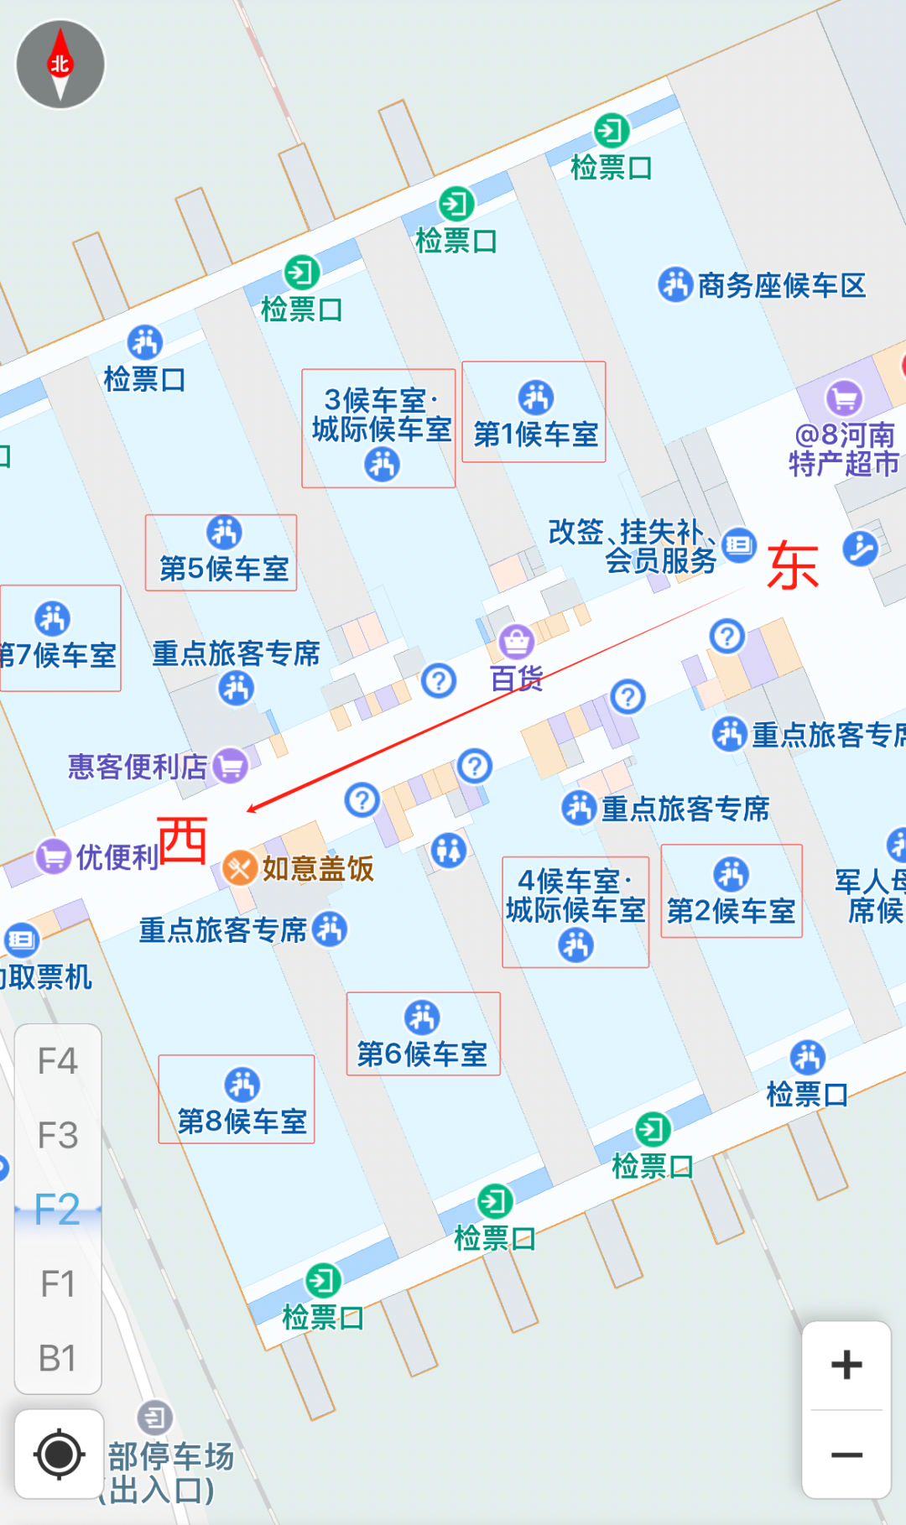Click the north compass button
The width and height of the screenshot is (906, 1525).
tap(60, 65)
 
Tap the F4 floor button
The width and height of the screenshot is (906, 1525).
tap(58, 1061)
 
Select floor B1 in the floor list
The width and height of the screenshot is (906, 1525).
tap(58, 1358)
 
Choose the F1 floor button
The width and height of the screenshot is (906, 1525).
tap(58, 1283)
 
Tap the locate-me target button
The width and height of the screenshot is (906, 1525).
tap(59, 1454)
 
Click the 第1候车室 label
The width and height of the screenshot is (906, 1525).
tap(535, 434)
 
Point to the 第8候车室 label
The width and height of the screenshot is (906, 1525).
tap(242, 1121)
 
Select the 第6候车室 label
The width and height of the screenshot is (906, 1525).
tap(422, 1054)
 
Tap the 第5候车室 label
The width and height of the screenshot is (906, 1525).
tap(224, 569)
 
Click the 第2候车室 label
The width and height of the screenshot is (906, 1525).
tap(731, 910)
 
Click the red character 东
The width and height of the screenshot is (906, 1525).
tap(792, 565)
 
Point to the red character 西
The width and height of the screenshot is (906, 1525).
tap(183, 840)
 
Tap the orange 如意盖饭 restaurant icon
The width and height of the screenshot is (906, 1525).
tap(239, 868)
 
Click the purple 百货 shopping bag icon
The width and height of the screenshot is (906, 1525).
tap(517, 642)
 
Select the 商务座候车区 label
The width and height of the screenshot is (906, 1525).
tap(780, 286)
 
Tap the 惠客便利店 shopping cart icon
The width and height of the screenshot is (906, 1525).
tap(231, 765)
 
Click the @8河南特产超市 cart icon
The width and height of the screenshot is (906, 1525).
tap(844, 398)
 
